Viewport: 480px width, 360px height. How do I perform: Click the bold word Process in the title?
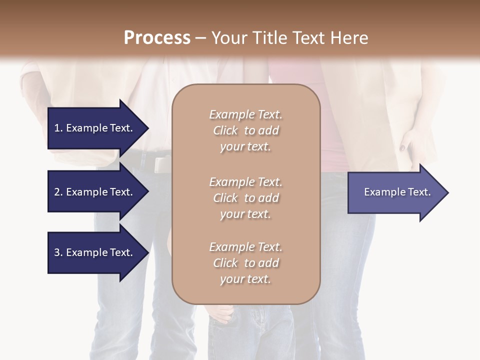click(157, 38)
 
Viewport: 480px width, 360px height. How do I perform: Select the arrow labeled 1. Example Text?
click(95, 128)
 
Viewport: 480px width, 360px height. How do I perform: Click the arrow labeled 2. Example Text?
click(95, 192)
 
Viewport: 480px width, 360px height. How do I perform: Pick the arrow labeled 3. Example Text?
click(95, 252)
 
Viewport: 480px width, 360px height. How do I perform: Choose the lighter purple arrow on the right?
click(395, 192)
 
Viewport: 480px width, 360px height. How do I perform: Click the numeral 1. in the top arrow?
click(58, 128)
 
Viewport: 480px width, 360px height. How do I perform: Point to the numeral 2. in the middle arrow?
click(58, 192)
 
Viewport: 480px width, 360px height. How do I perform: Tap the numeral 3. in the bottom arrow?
click(58, 252)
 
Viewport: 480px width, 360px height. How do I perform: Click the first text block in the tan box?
click(245, 130)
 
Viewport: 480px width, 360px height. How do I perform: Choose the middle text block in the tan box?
click(245, 198)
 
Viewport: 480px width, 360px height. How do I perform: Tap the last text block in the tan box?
click(245, 263)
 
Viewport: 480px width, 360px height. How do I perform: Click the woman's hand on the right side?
click(415, 142)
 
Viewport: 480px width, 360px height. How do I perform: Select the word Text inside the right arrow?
click(419, 192)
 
